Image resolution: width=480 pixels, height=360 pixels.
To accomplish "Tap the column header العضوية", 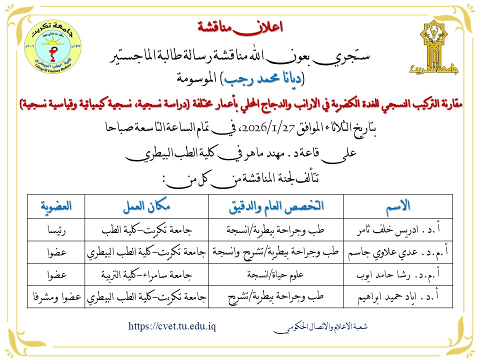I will click(x=55, y=205).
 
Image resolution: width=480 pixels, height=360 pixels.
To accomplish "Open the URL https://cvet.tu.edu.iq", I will click(x=172, y=326).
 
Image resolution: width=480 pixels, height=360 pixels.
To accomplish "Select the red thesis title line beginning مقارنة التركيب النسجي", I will click(x=240, y=104).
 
